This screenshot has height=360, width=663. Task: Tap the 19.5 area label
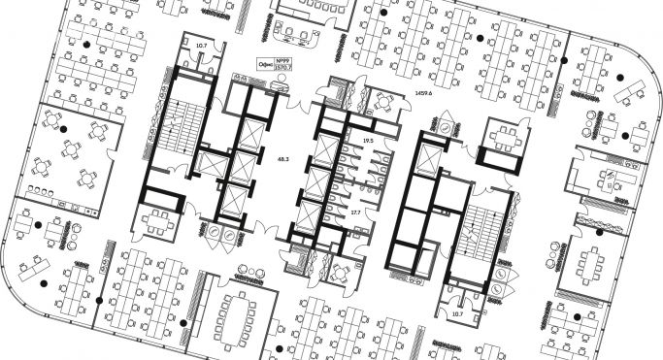[367, 141]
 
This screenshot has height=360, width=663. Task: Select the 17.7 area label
[355, 212]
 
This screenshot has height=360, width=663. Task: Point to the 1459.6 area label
[422, 93]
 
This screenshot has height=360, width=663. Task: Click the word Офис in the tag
[265, 64]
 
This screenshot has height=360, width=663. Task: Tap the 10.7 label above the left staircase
[202, 46]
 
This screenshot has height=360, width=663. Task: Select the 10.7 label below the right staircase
[457, 313]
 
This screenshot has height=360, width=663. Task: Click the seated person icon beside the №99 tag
[281, 86]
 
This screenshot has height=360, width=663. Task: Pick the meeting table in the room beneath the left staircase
[156, 221]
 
